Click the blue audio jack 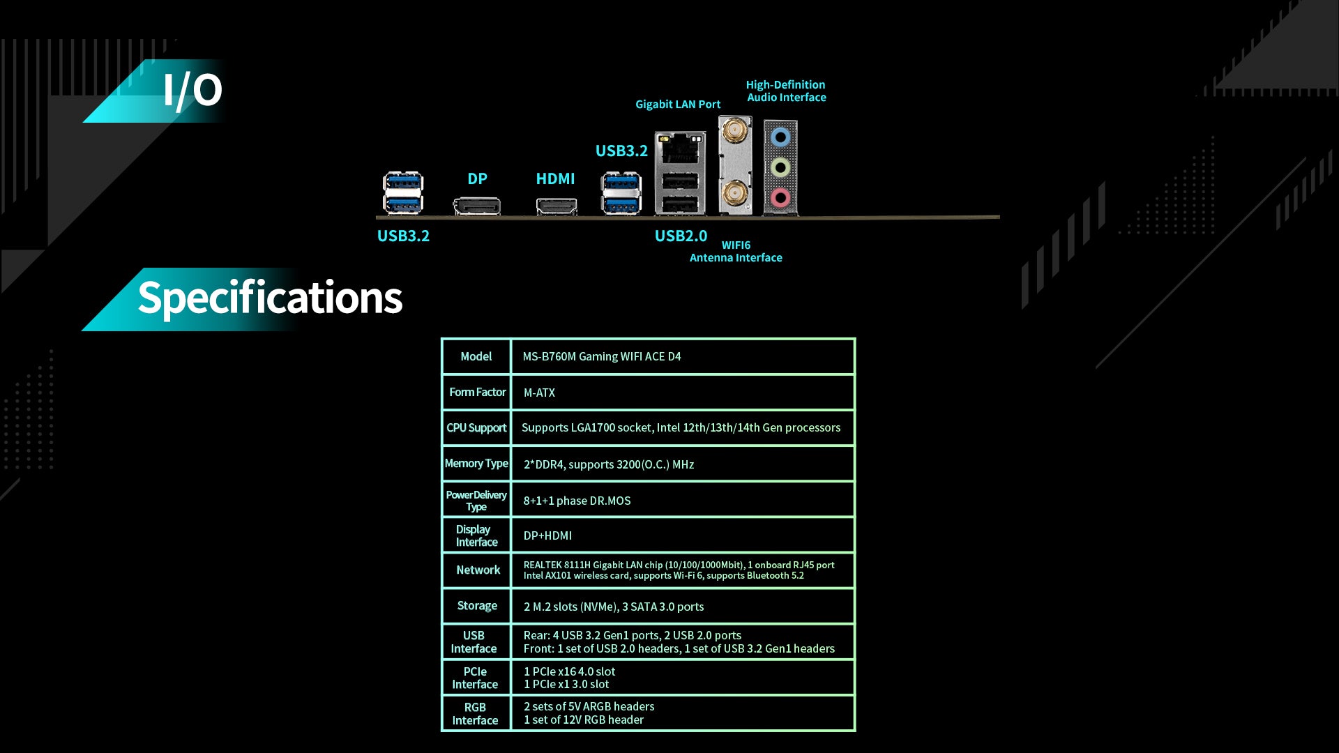tap(780, 137)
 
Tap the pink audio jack tap(780, 197)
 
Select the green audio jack tap(780, 167)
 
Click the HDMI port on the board tap(556, 206)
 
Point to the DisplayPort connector tap(477, 206)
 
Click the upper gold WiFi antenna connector tap(734, 130)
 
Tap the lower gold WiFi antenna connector tap(734, 191)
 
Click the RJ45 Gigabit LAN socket tap(680, 149)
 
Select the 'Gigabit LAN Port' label tap(678, 105)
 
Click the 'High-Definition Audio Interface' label tap(786, 91)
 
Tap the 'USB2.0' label tap(681, 236)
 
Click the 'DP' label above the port tap(477, 179)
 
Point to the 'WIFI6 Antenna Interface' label tap(736, 252)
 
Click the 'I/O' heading tap(192, 91)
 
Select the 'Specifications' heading tap(270, 298)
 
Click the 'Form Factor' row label tap(477, 393)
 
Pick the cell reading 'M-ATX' tap(539, 393)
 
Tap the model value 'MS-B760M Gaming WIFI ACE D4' tap(601, 357)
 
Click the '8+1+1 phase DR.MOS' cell tap(577, 501)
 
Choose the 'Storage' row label tap(477, 606)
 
